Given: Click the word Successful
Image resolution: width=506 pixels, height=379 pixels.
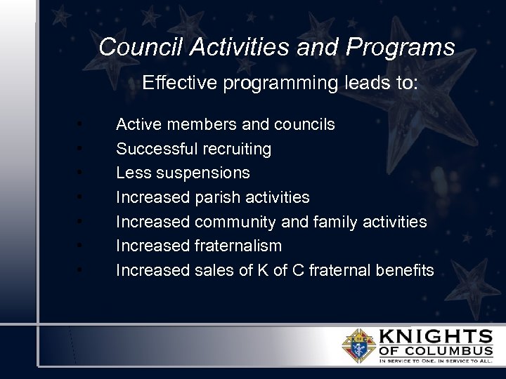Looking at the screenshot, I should pyautogui.click(x=155, y=149).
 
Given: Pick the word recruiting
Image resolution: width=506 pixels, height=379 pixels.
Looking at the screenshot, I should pyautogui.click(x=235, y=149).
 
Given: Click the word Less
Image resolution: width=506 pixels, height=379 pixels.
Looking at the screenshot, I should pyautogui.click(x=131, y=173).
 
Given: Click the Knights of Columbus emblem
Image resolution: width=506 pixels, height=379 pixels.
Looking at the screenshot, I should pyautogui.click(x=359, y=345).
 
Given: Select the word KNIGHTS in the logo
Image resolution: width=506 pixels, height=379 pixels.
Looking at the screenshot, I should pyautogui.click(x=436, y=336).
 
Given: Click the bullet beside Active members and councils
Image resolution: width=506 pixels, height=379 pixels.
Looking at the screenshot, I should pyautogui.click(x=82, y=125).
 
